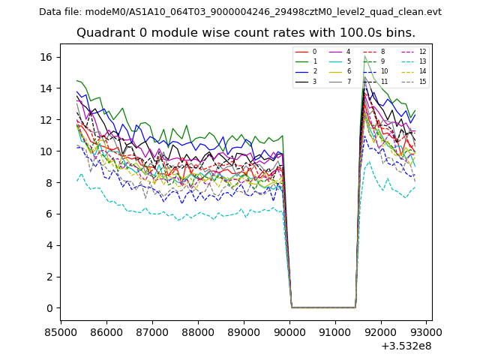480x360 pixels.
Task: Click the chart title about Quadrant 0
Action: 245,33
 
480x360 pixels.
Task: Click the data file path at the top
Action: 240,12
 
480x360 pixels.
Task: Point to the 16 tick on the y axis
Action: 45,57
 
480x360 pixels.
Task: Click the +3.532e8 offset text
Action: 406,346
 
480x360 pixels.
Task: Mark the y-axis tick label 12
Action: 45,120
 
